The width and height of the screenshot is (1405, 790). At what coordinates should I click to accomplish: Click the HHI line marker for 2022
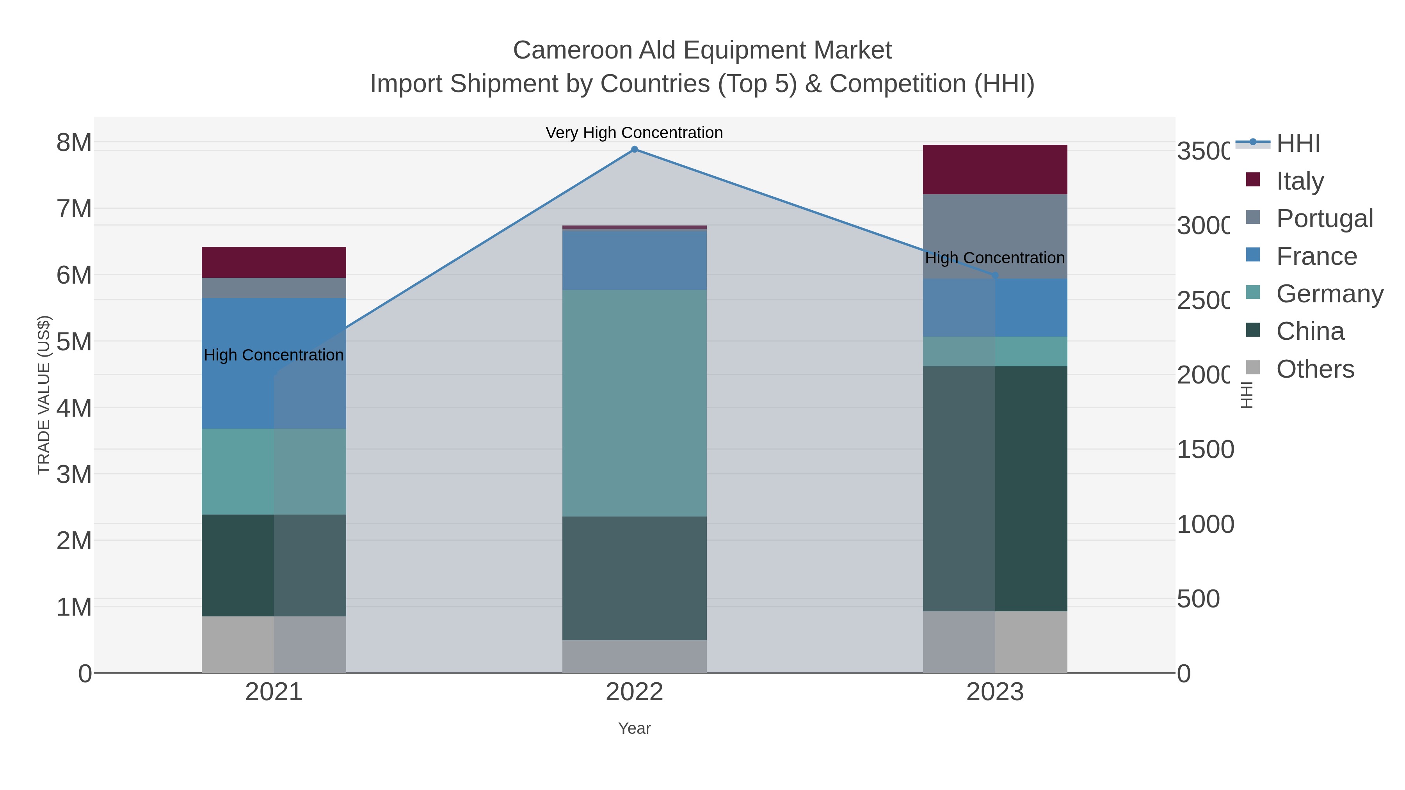[634, 149]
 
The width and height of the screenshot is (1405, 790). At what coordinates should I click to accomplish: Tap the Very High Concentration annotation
[634, 133]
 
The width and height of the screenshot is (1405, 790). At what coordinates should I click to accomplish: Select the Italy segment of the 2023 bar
[995, 170]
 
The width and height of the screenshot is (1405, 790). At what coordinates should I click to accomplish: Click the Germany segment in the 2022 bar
[634, 403]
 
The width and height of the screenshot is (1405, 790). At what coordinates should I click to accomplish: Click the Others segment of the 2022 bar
[634, 657]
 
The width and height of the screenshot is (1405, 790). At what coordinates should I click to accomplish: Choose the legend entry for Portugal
[1324, 218]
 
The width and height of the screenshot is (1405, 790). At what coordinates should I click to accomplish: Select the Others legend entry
[1314, 369]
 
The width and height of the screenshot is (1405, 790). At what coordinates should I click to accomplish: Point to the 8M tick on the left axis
[74, 142]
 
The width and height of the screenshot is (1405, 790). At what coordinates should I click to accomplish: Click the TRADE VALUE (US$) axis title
[44, 395]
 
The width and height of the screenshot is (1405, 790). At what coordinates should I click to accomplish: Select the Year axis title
[634, 728]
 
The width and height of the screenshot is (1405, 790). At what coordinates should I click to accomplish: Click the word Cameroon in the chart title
[572, 50]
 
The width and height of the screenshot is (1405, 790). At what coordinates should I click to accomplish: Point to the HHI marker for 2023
[995, 276]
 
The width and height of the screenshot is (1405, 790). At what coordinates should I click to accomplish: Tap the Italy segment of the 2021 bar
[274, 262]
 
